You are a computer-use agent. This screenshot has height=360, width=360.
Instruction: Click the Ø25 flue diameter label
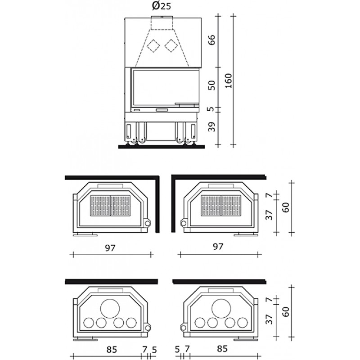coord(162,6)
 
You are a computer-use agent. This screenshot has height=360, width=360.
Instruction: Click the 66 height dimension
coord(212,40)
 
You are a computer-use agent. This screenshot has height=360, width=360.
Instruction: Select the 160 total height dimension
coord(228,81)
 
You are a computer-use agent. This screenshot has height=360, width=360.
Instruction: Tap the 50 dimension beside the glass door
coord(212,85)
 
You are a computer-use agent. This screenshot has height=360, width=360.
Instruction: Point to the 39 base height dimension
coord(212,127)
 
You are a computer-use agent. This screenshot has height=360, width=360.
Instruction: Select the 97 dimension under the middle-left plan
coord(110,248)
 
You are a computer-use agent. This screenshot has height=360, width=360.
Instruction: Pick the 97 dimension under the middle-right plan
coord(218,247)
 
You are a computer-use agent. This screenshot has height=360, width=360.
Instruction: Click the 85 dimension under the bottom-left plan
coord(112,350)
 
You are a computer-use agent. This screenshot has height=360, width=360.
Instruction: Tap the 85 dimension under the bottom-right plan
coord(222,348)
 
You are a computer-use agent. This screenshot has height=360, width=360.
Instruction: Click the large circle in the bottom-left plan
coord(110,308)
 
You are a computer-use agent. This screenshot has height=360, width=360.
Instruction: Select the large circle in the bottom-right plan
coord(221,308)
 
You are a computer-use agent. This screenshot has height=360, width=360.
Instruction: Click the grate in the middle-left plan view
coord(110,206)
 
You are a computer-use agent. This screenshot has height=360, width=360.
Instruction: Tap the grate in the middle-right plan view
coord(221,206)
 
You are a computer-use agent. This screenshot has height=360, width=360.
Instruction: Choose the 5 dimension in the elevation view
coord(212,109)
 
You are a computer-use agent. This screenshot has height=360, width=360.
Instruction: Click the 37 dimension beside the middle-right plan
coord(269,215)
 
